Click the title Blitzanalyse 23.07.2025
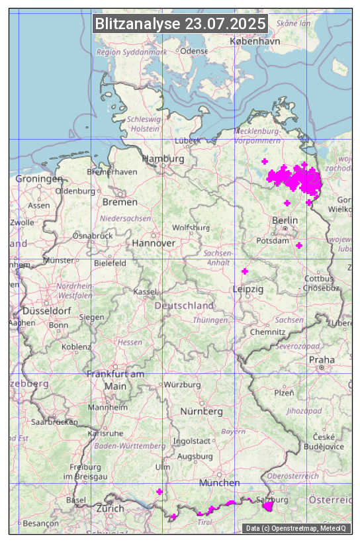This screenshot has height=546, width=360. pyautogui.click(x=181, y=24)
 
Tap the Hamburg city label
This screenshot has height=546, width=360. pyautogui.click(x=163, y=159)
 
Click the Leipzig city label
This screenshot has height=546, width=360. pyautogui.click(x=248, y=289)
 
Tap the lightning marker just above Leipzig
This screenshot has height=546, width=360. pyautogui.click(x=245, y=271)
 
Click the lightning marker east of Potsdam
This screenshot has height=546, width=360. pyautogui.click(x=299, y=246)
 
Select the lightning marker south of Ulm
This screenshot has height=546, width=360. pyautogui.click(x=159, y=491)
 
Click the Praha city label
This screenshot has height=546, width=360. pyautogui.click(x=322, y=359)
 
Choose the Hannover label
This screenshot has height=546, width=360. pyautogui.click(x=154, y=243)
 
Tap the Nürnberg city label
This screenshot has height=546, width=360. pyautogui.click(x=202, y=411)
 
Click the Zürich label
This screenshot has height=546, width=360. pyautogui.click(x=110, y=508)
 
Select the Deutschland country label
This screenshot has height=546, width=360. pyautogui.click(x=184, y=306)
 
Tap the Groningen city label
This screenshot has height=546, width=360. pyautogui.click(x=39, y=179)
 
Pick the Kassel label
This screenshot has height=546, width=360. pyautogui.click(x=145, y=291)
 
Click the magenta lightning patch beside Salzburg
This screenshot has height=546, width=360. pyautogui.click(x=269, y=507)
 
